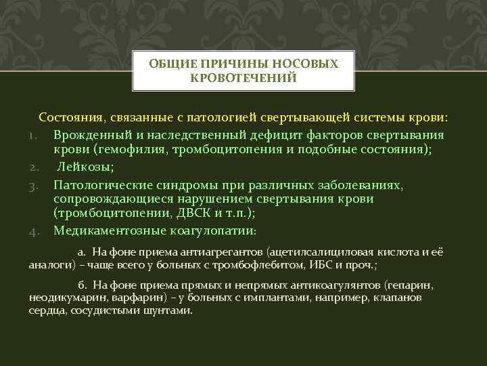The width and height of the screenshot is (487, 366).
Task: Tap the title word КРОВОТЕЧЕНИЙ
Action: click(243, 78)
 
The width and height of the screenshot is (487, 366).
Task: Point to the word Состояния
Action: click(70, 117)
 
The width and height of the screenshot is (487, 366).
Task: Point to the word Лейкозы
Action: click(80, 167)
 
